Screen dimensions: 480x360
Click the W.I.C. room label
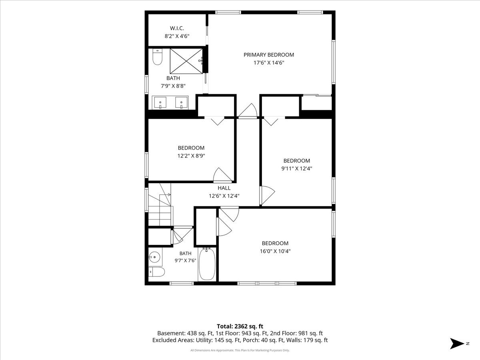177,28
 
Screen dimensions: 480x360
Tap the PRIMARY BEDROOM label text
269,55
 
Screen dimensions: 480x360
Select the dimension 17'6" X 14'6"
269,63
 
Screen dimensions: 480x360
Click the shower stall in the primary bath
186,61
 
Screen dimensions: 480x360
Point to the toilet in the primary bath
157,57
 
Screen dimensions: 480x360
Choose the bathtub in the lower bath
207,264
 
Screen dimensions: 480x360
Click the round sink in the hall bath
154,257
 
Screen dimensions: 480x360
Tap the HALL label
224,188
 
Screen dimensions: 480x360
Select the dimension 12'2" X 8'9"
191,156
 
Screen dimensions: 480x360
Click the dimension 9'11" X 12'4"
296,168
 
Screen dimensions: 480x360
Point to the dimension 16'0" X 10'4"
275,251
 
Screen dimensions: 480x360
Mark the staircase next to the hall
160,204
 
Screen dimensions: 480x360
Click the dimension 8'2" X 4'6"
177,36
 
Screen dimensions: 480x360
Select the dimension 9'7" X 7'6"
185,260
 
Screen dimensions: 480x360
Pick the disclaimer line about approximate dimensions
240,350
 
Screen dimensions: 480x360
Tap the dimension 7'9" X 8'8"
173,86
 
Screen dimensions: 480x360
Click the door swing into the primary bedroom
248,111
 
